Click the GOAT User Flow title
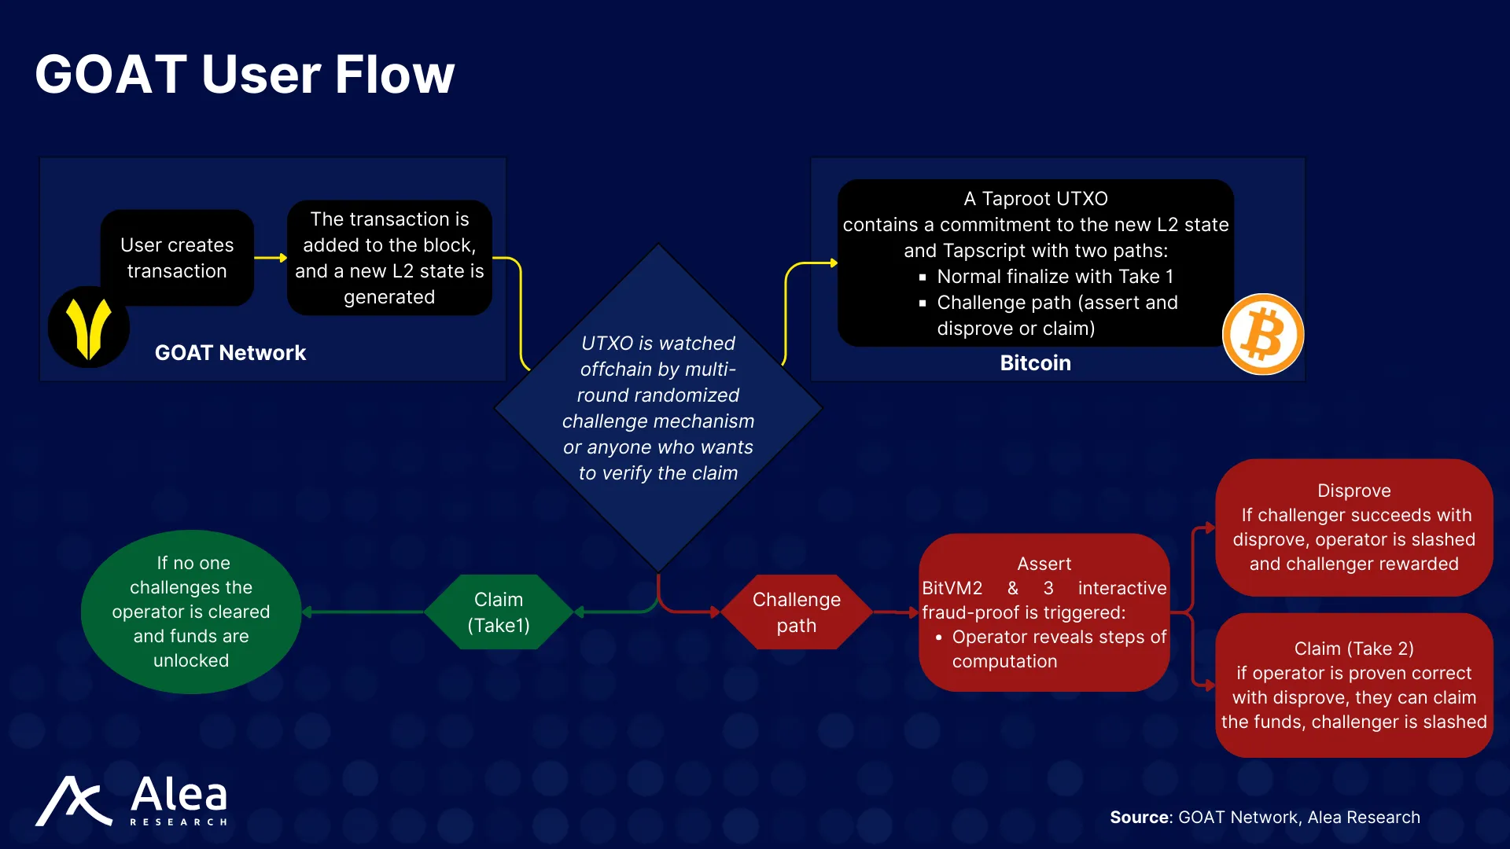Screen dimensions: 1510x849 [245, 75]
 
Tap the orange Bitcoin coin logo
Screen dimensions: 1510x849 [1263, 334]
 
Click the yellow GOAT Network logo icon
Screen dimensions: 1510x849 [88, 327]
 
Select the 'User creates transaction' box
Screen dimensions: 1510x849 [177, 258]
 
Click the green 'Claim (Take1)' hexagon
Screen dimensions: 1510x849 [499, 612]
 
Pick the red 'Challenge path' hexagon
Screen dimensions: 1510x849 [797, 612]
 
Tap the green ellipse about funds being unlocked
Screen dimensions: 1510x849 [191, 612]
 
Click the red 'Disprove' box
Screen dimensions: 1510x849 [1353, 527]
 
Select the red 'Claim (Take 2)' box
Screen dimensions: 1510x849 [1353, 685]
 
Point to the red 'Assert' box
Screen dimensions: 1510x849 [1044, 612]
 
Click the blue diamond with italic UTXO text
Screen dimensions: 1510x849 [658, 408]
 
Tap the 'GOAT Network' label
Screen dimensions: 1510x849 [230, 353]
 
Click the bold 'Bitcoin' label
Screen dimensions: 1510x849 [1035, 363]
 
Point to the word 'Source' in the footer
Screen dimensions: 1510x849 [1140, 818]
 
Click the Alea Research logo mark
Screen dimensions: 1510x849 [73, 801]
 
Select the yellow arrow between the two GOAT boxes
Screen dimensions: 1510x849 [271, 258]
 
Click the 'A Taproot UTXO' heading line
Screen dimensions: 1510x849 [1036, 199]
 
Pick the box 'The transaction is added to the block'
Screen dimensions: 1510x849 [389, 258]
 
